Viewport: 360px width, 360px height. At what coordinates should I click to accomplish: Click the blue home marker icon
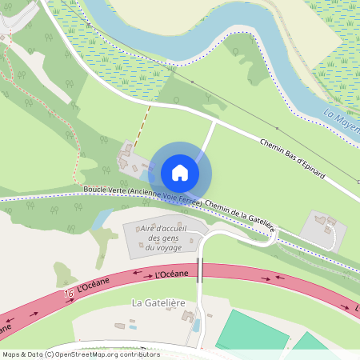[x=180, y=173]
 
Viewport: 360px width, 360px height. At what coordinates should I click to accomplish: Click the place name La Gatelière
[x=158, y=303]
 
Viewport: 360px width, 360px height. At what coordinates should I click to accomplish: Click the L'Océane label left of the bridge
[x=171, y=274]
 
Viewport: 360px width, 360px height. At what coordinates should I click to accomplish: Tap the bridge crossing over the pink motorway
[x=202, y=270]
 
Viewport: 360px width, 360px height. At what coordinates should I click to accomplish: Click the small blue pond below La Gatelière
[x=196, y=326]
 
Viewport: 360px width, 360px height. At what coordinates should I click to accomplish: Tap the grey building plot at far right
[x=323, y=230]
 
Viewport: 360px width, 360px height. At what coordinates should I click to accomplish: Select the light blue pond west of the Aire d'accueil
[x=102, y=218]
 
